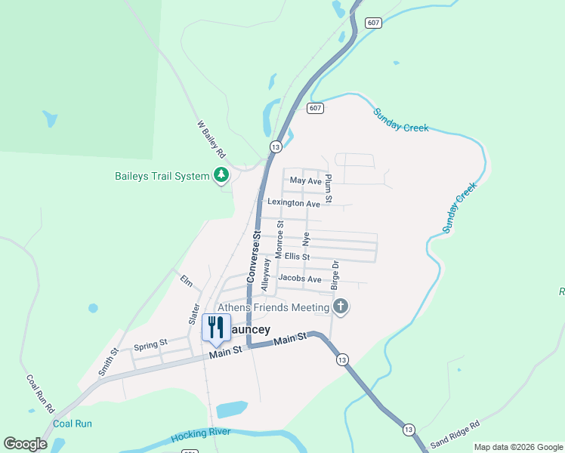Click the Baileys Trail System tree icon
point(221,176)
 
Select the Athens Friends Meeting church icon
point(341,307)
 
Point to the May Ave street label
point(306,181)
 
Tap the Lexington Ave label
point(293,203)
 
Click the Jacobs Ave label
point(299,279)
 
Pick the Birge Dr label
point(335,276)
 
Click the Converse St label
point(255,258)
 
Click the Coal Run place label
point(73,424)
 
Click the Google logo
point(26,444)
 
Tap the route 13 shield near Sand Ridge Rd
point(409,429)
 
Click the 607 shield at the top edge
point(372,23)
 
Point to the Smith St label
point(109,362)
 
